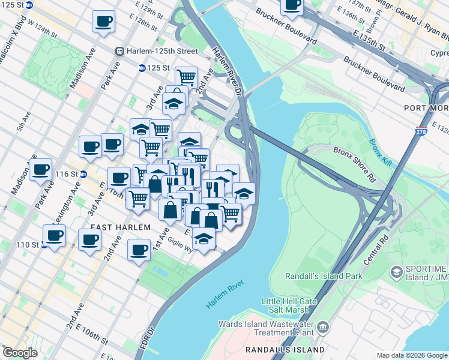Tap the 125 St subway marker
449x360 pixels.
click(x=142, y=68)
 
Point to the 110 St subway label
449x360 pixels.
click(x=31, y=245)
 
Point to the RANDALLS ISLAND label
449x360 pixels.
click(x=285, y=349)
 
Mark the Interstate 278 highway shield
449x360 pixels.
click(x=421, y=130)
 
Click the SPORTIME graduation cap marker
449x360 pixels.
click(x=396, y=272)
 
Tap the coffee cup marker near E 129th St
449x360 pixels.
click(x=103, y=23)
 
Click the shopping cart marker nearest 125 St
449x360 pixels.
click(x=186, y=77)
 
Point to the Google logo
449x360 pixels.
click(x=20, y=352)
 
